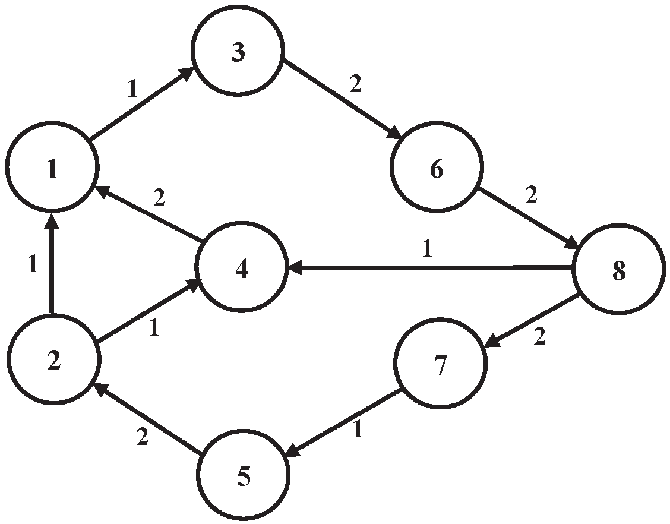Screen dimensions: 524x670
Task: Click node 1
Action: [x=52, y=169]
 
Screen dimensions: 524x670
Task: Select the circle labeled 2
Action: [x=53, y=361]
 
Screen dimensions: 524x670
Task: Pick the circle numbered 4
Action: [x=241, y=268]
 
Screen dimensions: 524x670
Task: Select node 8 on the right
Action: [x=618, y=270]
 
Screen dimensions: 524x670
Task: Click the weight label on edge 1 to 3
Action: [x=132, y=89]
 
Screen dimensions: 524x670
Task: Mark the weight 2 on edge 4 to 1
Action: [x=158, y=198]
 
